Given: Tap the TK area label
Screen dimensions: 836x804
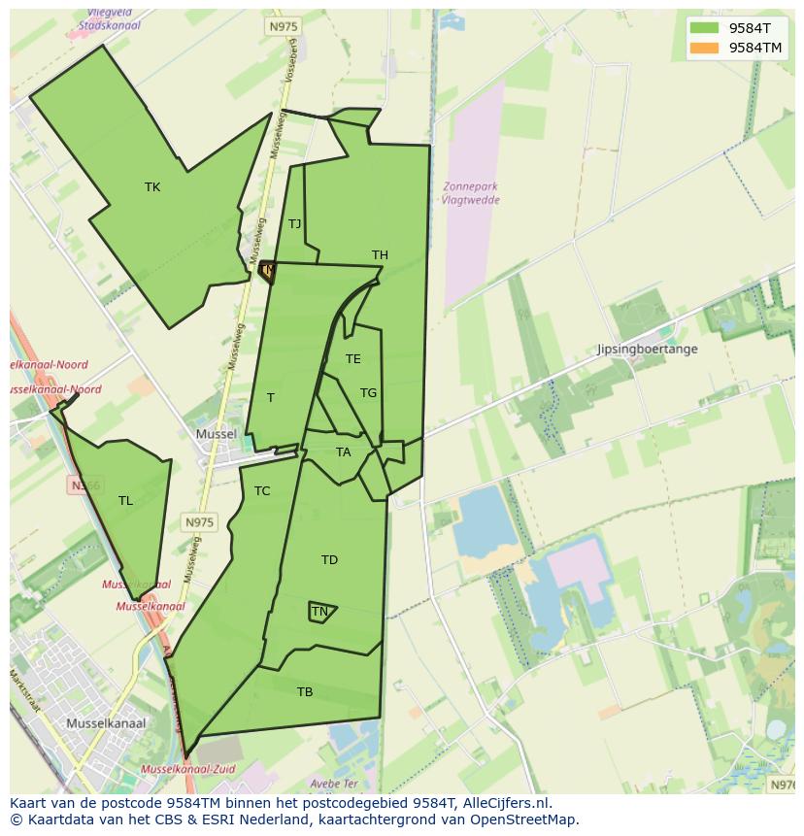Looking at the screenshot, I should point(152,187).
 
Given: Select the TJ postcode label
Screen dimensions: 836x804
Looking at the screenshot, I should point(294,224).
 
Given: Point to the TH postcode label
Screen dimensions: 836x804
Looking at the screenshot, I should point(380,255).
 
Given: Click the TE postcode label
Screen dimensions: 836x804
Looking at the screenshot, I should point(352,359).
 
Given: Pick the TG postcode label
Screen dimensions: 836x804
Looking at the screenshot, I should point(368,393).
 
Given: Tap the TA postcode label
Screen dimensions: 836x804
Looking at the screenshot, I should point(343,452).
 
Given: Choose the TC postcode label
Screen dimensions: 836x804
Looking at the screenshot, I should point(262,491).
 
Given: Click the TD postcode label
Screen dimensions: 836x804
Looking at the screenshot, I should point(329,560).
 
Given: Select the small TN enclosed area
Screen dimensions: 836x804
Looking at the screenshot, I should point(320,612).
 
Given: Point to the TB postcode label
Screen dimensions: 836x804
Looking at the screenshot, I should point(305,692).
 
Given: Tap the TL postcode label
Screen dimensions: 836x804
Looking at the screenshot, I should point(125,501).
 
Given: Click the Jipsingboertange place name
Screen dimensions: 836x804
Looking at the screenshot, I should point(647,350).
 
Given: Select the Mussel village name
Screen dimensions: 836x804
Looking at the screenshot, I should point(216,434).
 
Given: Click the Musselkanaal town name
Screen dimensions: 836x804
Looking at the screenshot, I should point(106,723).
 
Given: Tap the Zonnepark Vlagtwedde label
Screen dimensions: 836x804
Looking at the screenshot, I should point(470,193).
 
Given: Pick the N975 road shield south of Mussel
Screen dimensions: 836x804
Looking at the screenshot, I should point(198,522).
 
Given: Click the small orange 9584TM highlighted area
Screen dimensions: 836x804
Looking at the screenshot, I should point(267,271).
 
